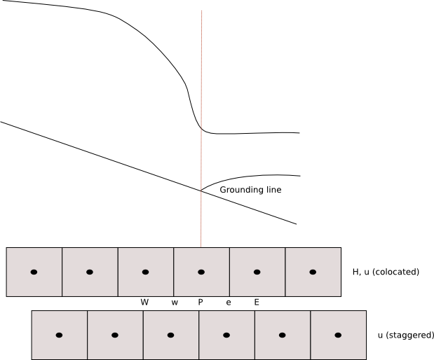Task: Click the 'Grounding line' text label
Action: coord(250,190)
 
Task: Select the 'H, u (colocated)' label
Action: coord(386,271)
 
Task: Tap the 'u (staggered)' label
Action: coord(405,335)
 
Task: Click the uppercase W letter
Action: coord(144,302)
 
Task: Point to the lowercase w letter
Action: coord(175,303)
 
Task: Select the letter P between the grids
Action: coord(201,302)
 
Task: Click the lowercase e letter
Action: coord(229,303)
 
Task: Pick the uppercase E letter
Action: coord(257,302)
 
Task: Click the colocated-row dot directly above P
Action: coord(201,272)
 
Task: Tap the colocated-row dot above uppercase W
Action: coord(145,272)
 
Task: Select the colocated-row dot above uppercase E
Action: coord(257,272)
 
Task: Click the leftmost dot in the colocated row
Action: coord(34,272)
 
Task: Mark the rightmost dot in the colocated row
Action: coord(313,272)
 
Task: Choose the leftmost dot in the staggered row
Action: coord(59,335)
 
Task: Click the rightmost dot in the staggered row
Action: coord(338,335)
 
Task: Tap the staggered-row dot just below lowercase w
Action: coord(170,335)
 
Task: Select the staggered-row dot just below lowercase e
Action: coord(226,335)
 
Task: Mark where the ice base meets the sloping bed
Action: coord(201,190)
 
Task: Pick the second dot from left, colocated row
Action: coord(90,272)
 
